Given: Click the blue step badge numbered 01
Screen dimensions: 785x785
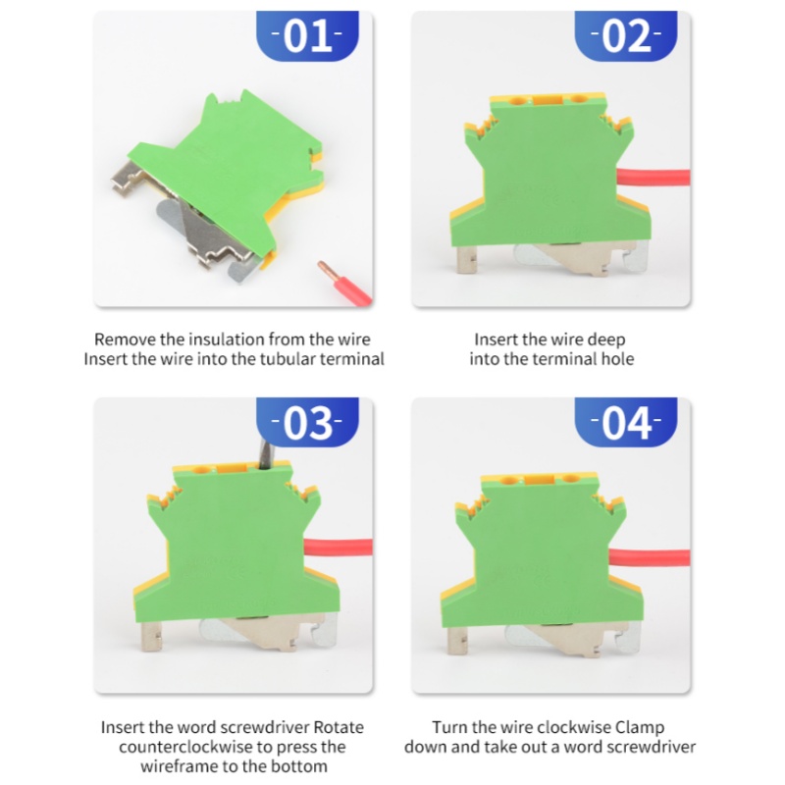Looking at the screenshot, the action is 307,36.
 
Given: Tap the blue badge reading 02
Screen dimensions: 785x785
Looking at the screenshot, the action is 626,36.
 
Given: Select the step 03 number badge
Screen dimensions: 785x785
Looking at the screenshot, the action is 307,422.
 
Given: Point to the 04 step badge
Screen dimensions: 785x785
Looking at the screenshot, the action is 626,422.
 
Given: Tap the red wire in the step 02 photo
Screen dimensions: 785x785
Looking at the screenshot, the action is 654,178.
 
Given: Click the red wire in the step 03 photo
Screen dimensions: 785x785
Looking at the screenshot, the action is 338,547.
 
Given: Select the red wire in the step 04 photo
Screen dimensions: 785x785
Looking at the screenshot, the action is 650,557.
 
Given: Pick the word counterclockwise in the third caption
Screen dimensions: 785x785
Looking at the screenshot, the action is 185,747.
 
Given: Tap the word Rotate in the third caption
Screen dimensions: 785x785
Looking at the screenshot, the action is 339,727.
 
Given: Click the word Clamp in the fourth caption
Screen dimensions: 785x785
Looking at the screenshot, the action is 640,727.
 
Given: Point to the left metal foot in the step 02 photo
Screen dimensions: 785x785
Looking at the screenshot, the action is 465,259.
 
